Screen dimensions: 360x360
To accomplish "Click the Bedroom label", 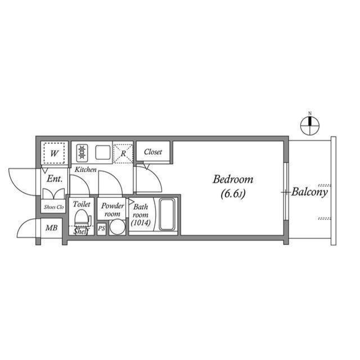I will tap(232, 180).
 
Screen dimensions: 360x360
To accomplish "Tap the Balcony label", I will tap(310, 192).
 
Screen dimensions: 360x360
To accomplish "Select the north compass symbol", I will tap(309, 125).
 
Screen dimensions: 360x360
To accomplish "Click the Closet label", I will tap(153, 152).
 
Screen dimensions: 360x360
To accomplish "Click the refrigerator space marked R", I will tap(123, 152).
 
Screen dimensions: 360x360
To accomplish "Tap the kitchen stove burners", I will tap(82, 152).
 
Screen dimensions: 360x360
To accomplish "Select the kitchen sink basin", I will tap(102, 152).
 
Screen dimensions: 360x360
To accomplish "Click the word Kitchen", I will tap(85, 169).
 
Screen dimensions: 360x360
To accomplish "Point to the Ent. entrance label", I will tap(55, 179).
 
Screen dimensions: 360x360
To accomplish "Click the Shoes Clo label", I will tap(54, 207).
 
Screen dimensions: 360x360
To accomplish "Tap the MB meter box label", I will tap(51, 228).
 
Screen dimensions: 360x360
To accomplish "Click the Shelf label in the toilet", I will tap(82, 231).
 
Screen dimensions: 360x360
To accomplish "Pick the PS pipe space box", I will tap(101, 228).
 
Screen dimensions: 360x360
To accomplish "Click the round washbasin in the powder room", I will tap(117, 227).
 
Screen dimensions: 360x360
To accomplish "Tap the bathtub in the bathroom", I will tap(167, 214).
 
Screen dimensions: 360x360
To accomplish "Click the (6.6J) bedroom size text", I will tap(232, 194).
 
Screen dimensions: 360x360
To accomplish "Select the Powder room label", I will tap(112, 210).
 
